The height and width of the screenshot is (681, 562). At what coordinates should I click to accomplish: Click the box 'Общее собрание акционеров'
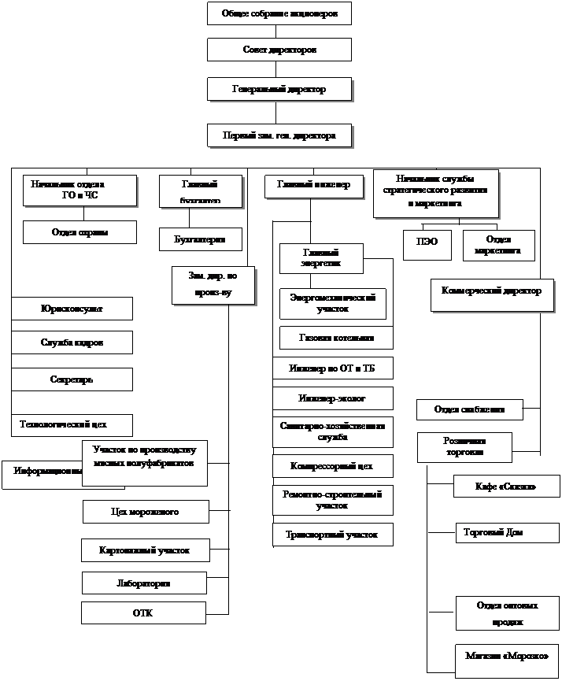[279, 14]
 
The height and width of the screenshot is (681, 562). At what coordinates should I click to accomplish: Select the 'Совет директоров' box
[279, 50]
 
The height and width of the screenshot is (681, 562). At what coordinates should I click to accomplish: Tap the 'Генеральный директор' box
[279, 89]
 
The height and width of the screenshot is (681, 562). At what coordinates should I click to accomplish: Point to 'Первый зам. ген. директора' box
[279, 135]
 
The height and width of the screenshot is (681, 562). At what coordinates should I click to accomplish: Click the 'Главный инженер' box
[313, 186]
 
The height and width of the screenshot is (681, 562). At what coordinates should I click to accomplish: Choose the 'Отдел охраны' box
[79, 232]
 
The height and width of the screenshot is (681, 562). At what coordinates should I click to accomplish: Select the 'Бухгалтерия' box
[200, 239]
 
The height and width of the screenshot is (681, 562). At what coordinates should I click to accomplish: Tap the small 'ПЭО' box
[427, 244]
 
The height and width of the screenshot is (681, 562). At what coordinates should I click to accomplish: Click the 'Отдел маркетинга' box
[498, 244]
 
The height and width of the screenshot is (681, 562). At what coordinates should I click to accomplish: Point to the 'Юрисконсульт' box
[72, 309]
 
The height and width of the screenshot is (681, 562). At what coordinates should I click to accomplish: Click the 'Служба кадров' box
[72, 342]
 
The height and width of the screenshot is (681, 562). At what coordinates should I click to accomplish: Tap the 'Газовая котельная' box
[336, 338]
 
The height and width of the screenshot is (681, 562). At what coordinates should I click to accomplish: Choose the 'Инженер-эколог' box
[333, 398]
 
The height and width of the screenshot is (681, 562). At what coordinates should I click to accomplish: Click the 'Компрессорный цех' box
[333, 465]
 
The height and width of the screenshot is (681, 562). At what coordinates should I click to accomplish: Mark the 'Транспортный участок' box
[332, 534]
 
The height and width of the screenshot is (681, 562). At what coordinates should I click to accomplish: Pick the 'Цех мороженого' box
[146, 512]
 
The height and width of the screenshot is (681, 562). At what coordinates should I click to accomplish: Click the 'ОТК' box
[143, 613]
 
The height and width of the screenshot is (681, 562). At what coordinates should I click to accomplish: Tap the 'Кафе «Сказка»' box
[495, 487]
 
